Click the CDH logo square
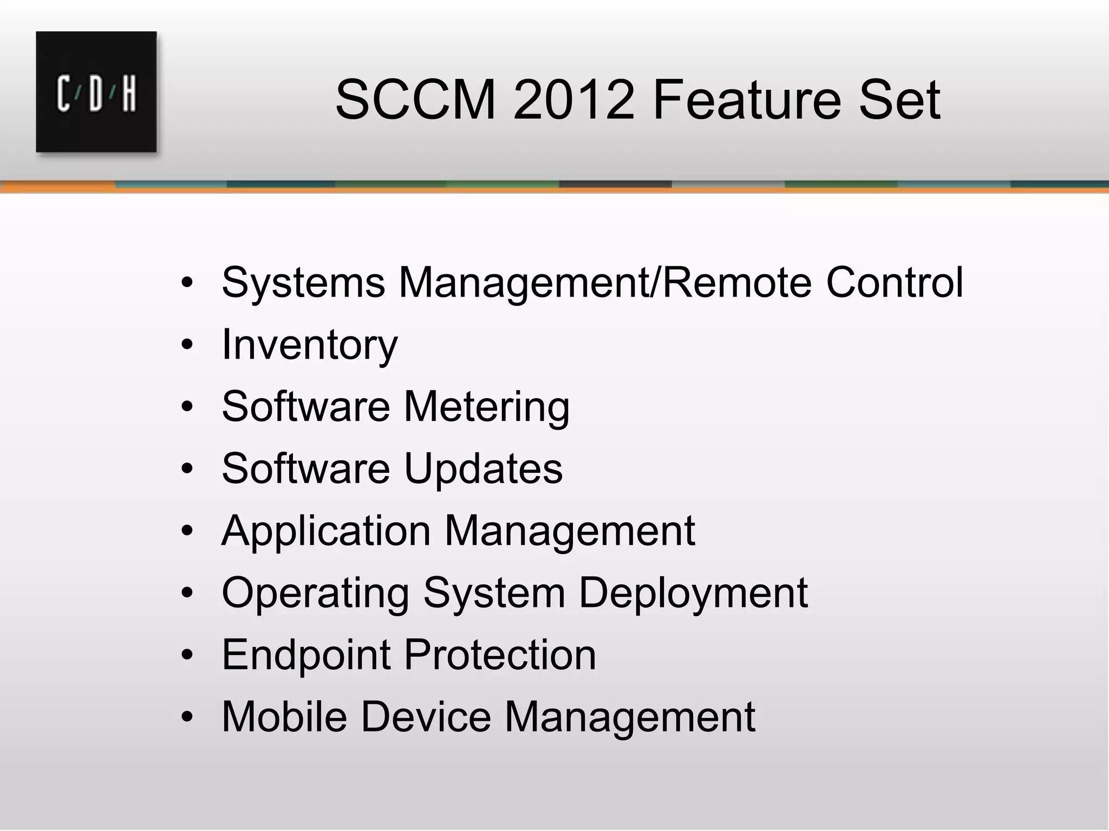96,91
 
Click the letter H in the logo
128,95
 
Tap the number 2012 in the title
573,100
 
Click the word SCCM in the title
416,100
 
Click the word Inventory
309,345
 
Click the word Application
326,531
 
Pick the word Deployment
693,593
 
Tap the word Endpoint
306,655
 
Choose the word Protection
499,655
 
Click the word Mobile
284,716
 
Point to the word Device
425,716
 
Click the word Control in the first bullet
894,282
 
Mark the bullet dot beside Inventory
187,345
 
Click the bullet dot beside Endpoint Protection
187,655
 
